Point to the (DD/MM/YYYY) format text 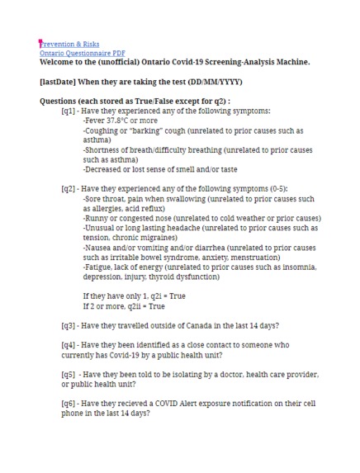click(203, 82)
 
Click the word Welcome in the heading click(60, 61)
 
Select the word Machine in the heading click(291, 61)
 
